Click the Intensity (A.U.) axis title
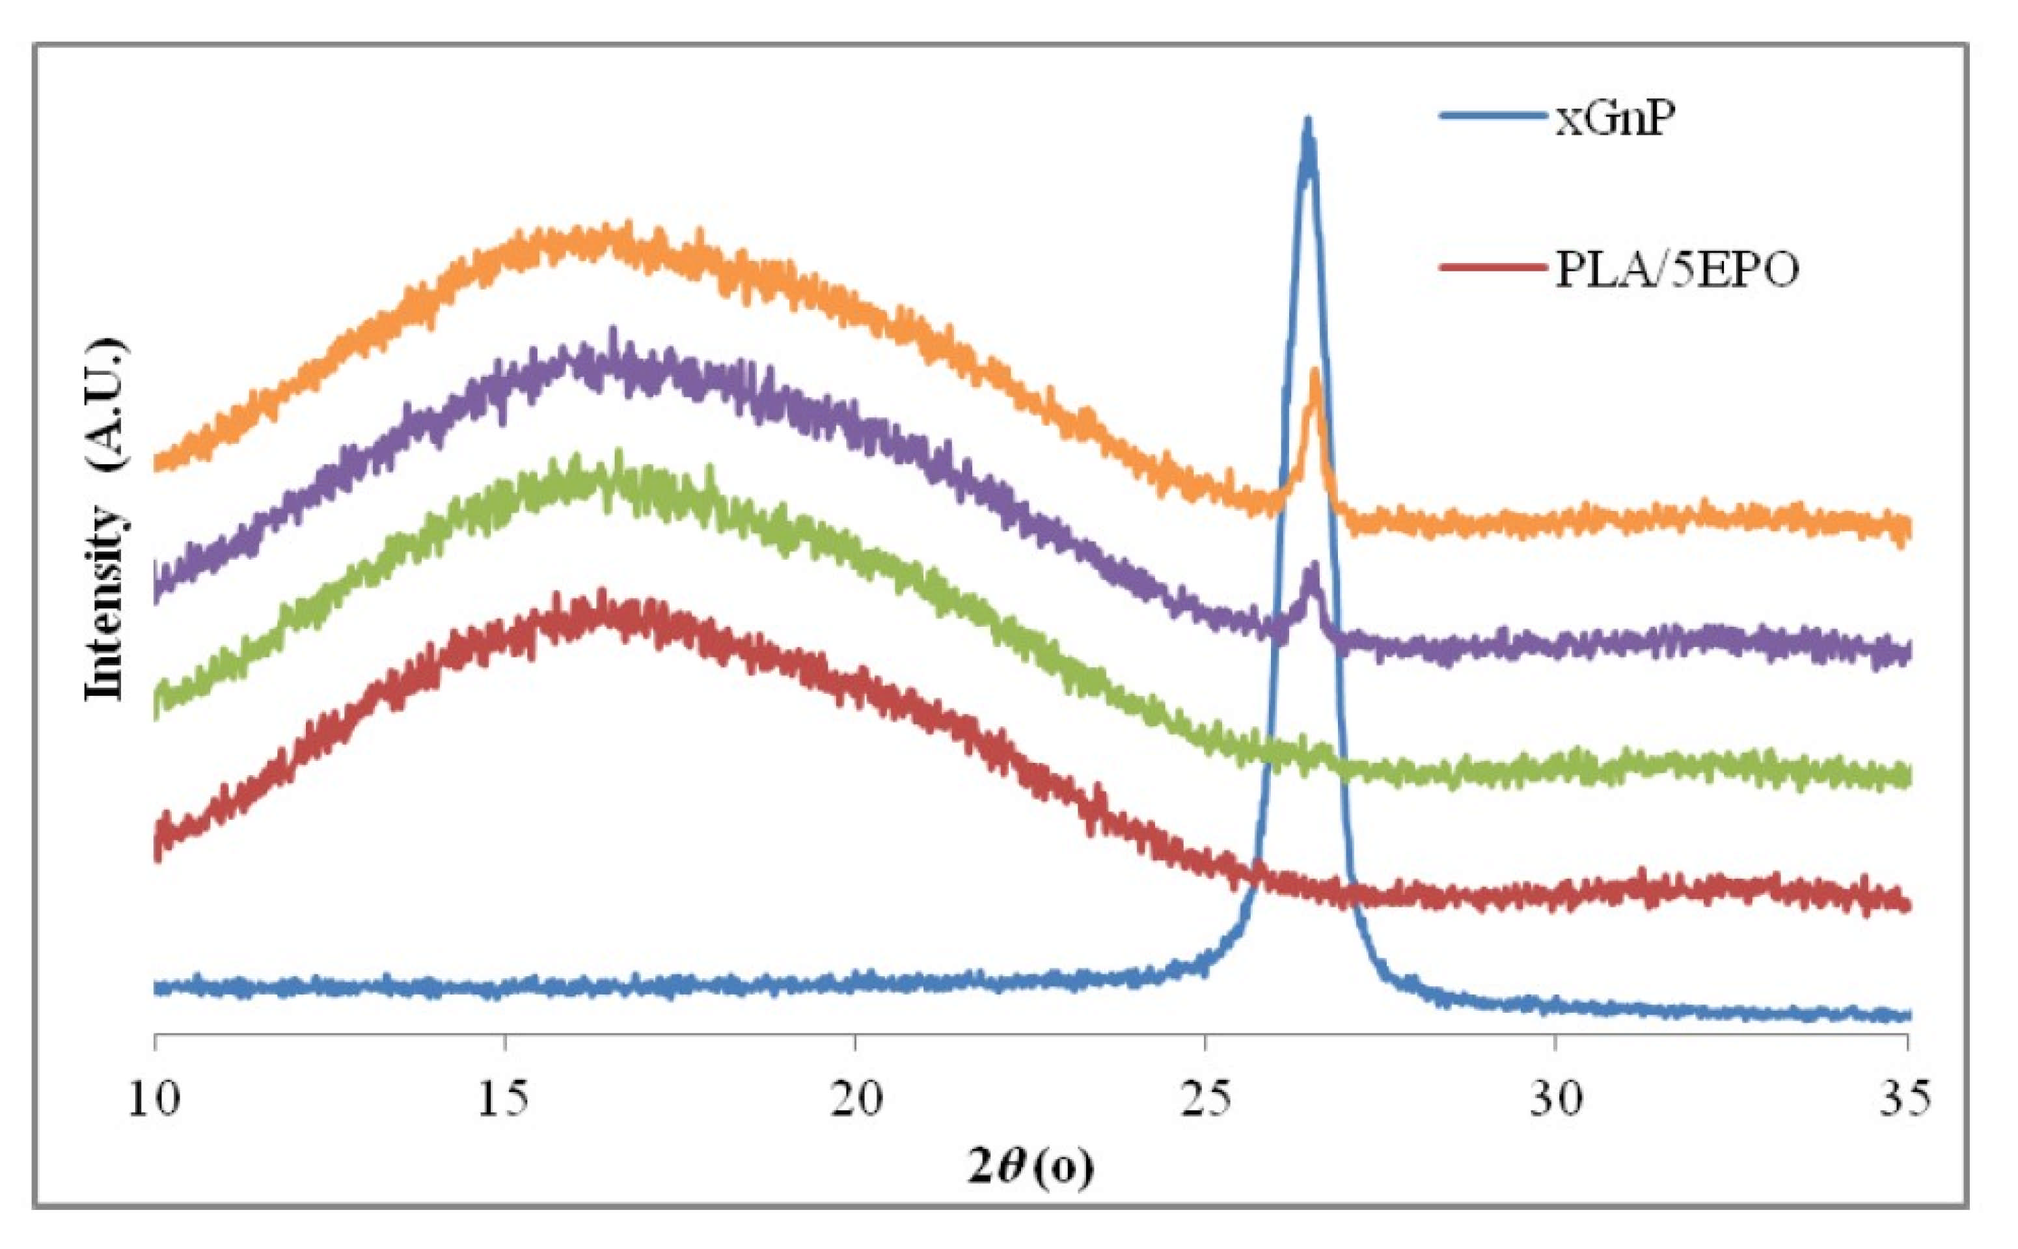(x=107, y=521)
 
